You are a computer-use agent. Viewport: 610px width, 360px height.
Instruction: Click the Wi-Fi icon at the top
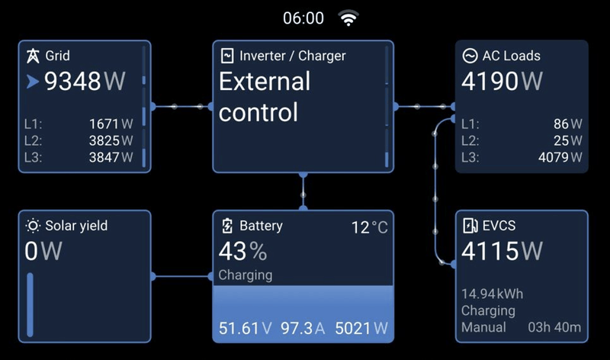pos(348,18)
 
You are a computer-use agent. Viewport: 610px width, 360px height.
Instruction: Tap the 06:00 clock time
pos(303,18)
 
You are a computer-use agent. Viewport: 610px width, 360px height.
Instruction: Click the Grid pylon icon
pos(33,56)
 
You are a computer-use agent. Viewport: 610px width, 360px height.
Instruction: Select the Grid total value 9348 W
pos(84,81)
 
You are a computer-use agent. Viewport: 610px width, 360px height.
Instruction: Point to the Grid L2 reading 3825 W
pos(111,140)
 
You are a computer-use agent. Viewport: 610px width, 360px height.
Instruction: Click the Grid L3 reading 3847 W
pos(111,157)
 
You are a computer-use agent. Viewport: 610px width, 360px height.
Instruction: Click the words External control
pos(264,97)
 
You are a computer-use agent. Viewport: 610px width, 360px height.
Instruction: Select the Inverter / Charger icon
pos(227,56)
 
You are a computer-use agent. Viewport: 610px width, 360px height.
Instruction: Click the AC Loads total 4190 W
pos(502,81)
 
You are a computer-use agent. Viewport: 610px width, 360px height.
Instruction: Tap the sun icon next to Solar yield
pos(33,225)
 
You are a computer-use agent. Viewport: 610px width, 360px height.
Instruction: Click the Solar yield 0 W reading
pos(43,251)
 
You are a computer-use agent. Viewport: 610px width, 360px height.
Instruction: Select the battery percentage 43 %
pos(242,251)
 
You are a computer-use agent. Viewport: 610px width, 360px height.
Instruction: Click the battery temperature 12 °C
pos(369,227)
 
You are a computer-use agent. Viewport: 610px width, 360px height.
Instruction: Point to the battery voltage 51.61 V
pos(245,329)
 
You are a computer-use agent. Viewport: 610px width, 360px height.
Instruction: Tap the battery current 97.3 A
pos(303,329)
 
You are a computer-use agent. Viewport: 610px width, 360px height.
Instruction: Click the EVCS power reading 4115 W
pos(502,251)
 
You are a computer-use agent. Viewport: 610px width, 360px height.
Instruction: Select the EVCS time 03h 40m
pos(554,328)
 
